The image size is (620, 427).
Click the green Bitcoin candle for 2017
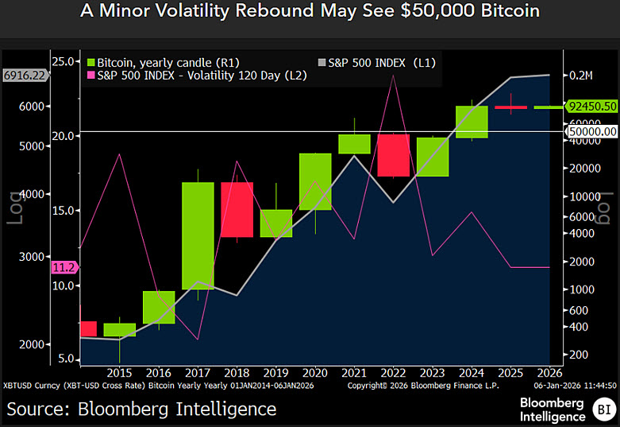click(198, 235)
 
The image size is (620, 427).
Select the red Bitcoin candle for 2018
click(237, 209)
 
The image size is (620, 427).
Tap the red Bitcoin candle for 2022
click(393, 155)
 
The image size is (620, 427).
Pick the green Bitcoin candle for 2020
click(314, 181)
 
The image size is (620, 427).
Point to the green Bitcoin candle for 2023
click(432, 157)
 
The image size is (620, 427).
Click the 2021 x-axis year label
click(353, 372)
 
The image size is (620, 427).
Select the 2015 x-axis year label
click(119, 372)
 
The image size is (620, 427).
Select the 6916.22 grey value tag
click(25, 75)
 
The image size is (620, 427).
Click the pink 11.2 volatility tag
click(62, 266)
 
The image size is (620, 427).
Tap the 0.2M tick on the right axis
click(580, 76)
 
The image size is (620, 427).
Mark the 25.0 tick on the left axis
click(64, 61)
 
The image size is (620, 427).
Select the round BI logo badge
click(602, 410)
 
